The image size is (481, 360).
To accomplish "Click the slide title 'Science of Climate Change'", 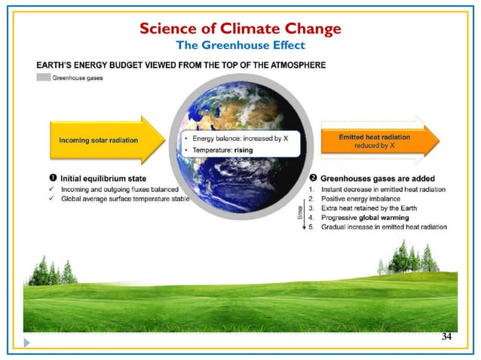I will pos(240,29).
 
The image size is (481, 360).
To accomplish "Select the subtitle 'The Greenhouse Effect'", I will pos(240,46).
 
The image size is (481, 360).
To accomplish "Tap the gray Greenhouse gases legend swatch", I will pos(44,78).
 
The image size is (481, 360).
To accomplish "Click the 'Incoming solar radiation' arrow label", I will pos(95,141).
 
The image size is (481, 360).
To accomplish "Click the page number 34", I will pos(446,336).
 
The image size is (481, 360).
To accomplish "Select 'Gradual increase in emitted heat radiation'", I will pos(384,227).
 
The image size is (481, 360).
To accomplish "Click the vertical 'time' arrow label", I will pos(301,216).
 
